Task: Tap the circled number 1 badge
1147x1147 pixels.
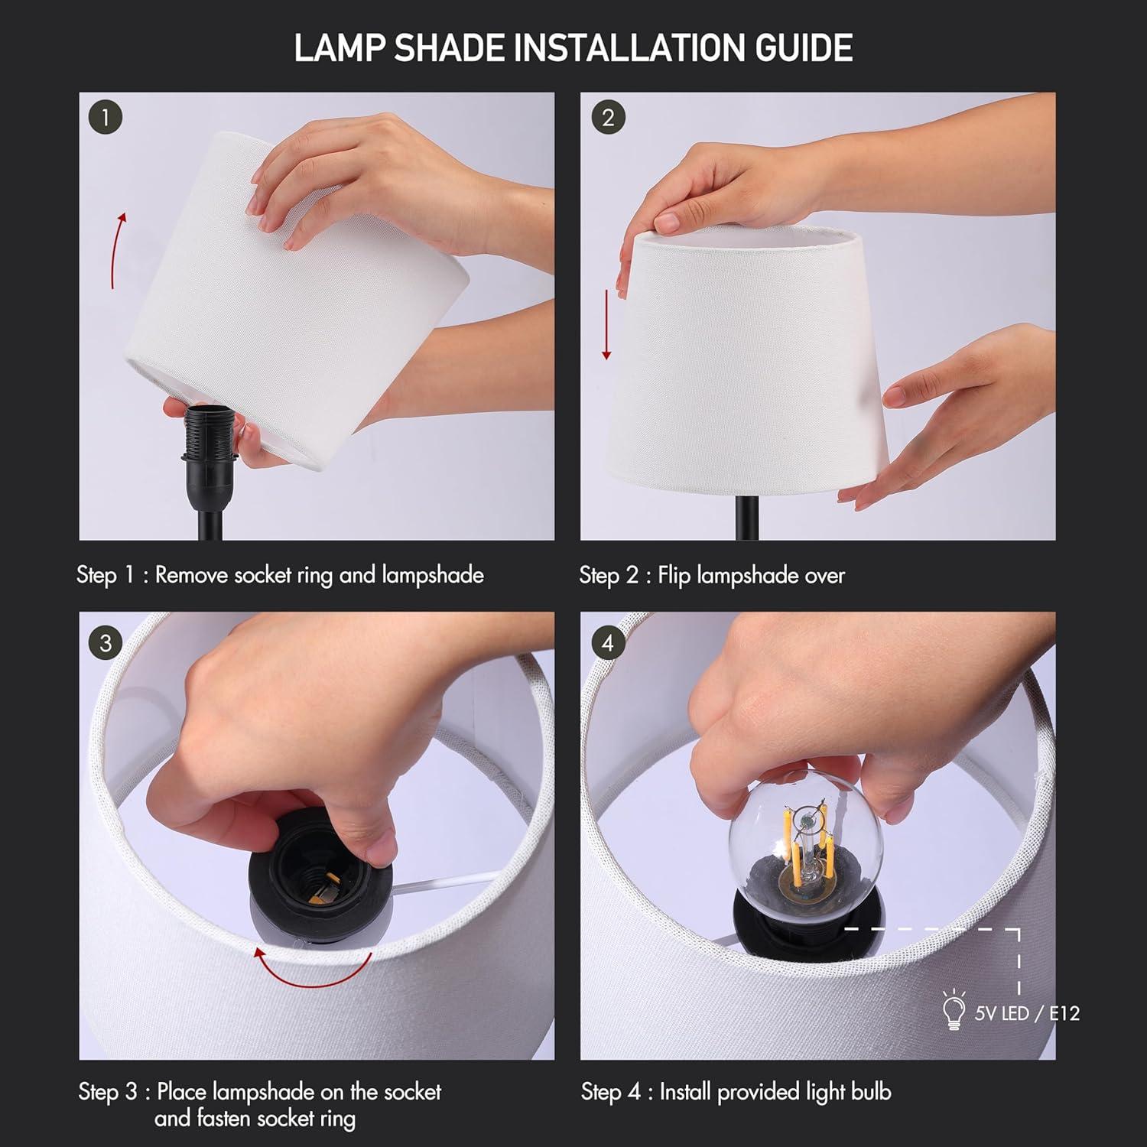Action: click(x=106, y=118)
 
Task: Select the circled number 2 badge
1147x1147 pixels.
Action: click(x=608, y=118)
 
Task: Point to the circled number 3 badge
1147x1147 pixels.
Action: click(x=106, y=642)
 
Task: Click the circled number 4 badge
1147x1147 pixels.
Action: click(x=608, y=642)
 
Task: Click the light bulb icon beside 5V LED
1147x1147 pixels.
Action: click(x=954, y=1011)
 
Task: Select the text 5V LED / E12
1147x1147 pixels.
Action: click(x=1026, y=1013)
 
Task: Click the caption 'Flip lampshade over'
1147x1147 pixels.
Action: click(x=751, y=575)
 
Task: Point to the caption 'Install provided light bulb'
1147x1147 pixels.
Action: click(x=775, y=1091)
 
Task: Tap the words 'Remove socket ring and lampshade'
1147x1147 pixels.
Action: click(x=319, y=575)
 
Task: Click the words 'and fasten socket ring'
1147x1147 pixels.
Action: click(x=255, y=1119)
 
